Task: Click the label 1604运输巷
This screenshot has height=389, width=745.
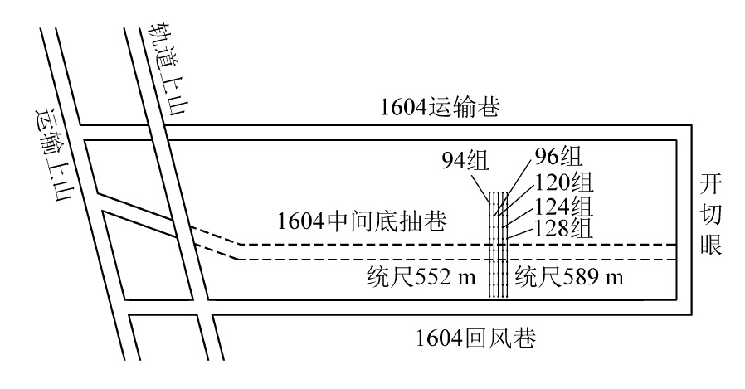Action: click(x=440, y=108)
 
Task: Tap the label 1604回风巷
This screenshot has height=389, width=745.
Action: click(x=475, y=338)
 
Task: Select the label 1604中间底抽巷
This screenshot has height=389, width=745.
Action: click(x=362, y=221)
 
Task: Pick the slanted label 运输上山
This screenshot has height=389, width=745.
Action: click(x=54, y=153)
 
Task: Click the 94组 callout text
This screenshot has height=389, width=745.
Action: click(x=465, y=161)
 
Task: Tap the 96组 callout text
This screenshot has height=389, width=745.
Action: click(x=559, y=156)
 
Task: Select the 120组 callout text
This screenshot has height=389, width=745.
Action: click(x=564, y=182)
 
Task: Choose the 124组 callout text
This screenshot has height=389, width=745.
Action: click(x=564, y=207)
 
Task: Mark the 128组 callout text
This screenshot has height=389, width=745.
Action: click(x=564, y=228)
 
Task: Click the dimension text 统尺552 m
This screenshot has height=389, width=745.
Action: click(x=421, y=276)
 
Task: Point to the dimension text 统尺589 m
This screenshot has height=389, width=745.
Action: click(x=569, y=276)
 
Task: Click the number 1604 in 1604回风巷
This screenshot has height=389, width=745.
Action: click(x=440, y=339)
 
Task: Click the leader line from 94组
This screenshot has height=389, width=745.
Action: click(x=481, y=187)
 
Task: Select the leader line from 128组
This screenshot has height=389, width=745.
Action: click(x=522, y=233)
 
